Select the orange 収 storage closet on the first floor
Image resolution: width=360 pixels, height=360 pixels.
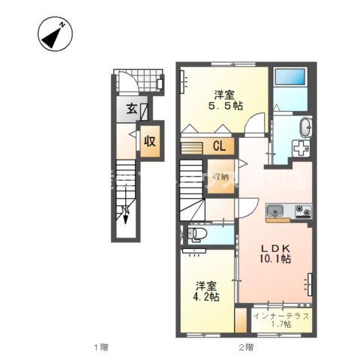pyautogui.click(x=150, y=140)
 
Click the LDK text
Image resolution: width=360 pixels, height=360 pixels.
pyautogui.click(x=274, y=248)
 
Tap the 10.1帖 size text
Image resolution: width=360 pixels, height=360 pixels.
pyautogui.click(x=274, y=260)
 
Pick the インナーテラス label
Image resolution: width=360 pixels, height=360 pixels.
pyautogui.click(x=281, y=316)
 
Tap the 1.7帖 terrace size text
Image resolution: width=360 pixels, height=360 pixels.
pyautogui.click(x=281, y=326)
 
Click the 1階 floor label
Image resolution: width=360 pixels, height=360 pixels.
pyautogui.click(x=101, y=347)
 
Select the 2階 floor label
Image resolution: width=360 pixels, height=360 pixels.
pyautogui.click(x=245, y=347)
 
